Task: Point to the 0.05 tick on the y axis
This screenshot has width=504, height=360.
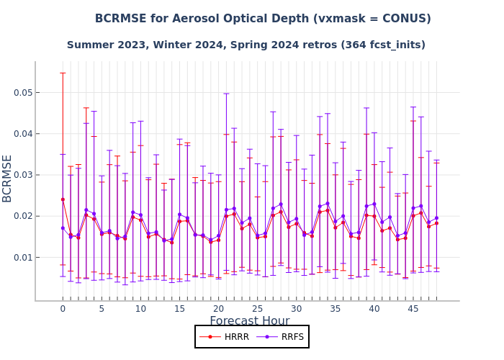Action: coord(23,93)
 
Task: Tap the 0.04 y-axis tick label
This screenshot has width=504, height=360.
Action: coord(23,134)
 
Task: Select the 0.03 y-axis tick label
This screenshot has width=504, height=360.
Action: coord(23,175)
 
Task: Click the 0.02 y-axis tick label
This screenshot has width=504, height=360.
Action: coord(23,216)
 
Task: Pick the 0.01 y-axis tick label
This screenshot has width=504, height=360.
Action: coord(23,258)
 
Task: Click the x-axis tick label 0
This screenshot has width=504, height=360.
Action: coord(63,309)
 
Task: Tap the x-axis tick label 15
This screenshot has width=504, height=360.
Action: coord(179,309)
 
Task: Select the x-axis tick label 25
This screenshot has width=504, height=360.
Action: coord(257,309)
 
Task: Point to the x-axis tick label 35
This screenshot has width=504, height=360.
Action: coord(335,309)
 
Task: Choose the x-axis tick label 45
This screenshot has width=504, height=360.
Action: coord(413,309)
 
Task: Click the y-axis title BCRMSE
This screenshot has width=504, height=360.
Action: coord(8,178)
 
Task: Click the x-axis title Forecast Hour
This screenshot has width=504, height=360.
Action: coord(249,321)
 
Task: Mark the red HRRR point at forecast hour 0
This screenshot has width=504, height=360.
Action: coord(63,199)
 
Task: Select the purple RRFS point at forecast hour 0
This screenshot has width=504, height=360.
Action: coord(63,228)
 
